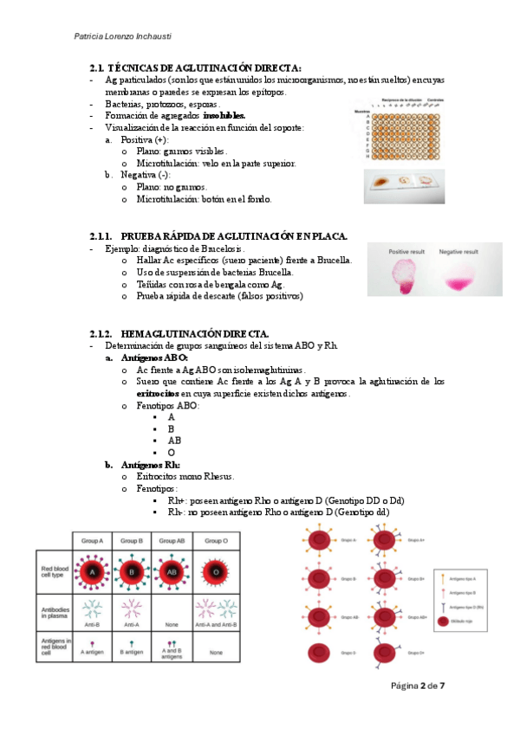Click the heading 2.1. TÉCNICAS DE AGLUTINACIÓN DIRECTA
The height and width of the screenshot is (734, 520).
[x=196, y=68]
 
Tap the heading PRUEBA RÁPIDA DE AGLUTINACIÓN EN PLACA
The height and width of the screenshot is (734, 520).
[x=234, y=236]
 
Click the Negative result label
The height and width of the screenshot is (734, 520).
[x=458, y=252]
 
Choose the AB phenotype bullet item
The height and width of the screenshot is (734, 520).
[x=175, y=441]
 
